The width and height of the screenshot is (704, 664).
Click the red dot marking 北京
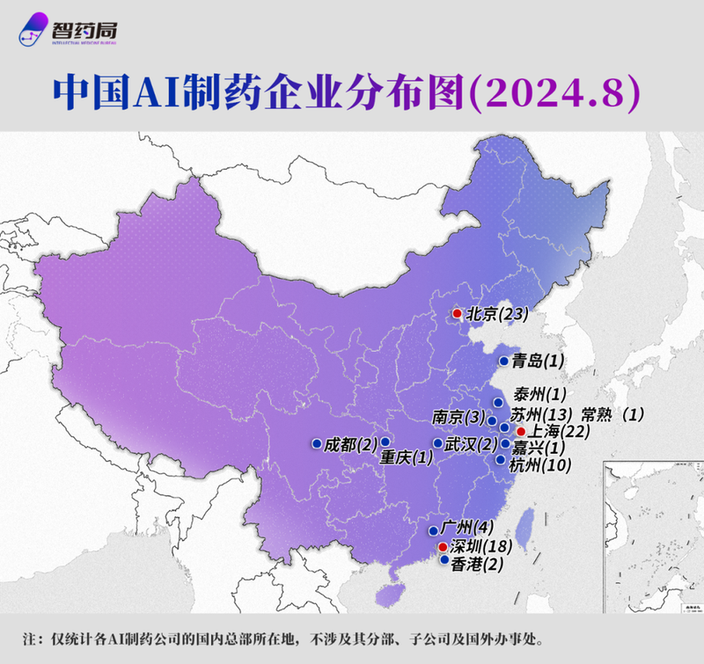tap(457, 314)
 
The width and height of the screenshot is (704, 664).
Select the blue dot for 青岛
tap(502, 361)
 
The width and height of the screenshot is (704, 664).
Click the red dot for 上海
tap(521, 432)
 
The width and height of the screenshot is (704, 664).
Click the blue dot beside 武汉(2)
tap(437, 442)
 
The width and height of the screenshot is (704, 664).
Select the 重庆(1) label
tap(407, 458)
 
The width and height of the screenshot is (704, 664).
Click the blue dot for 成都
tap(316, 443)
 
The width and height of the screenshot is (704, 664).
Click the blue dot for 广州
tap(434, 530)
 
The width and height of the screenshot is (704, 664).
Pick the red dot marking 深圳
tap(442, 547)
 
